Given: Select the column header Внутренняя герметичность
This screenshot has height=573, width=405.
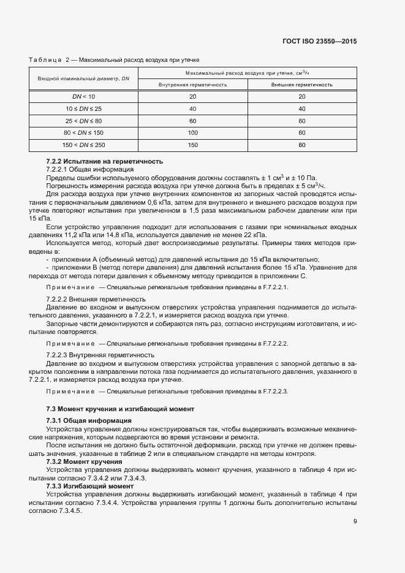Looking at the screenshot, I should click(193, 85).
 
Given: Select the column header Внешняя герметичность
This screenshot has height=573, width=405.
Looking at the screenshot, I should click(302, 85).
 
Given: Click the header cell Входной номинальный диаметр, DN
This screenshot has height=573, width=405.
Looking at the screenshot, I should click(84, 78).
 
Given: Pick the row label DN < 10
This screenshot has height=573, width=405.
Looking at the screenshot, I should click(84, 97).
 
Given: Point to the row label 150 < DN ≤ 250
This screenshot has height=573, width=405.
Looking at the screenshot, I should click(84, 145).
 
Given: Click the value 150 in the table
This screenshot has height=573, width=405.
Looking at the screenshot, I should click(193, 145).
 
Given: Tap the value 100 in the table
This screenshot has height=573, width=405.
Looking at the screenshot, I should click(193, 132).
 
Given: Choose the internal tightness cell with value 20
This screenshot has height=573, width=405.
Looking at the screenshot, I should click(193, 97).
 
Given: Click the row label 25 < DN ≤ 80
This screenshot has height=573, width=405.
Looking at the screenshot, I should click(84, 121).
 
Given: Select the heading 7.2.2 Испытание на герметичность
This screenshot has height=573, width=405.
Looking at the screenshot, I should click(104, 161).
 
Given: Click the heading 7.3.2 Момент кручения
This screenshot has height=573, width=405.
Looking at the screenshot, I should click(84, 461).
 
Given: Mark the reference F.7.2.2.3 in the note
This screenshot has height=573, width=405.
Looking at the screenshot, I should click(273, 390).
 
